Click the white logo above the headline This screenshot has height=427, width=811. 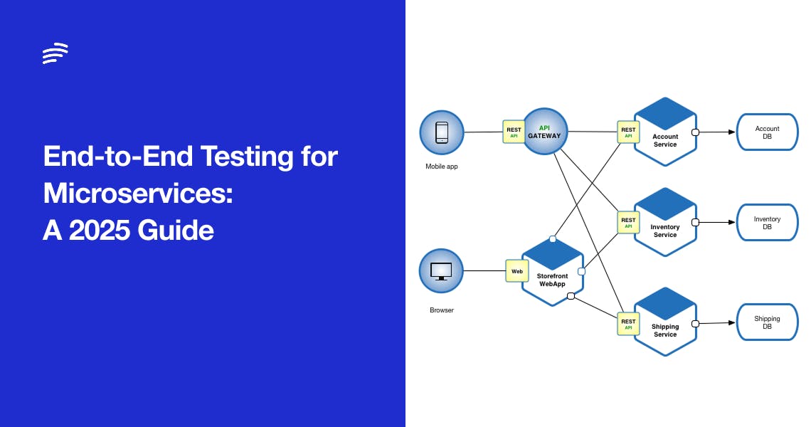(x=55, y=53)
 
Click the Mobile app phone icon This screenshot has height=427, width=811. (x=442, y=132)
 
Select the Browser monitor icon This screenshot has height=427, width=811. (x=442, y=271)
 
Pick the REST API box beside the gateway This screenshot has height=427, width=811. (x=514, y=132)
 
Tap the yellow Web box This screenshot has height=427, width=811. (x=517, y=271)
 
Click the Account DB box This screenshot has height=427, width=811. (x=767, y=132)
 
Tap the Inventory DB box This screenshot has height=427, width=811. (x=767, y=223)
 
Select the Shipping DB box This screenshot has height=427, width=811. (x=767, y=322)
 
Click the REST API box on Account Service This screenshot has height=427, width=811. (x=628, y=132)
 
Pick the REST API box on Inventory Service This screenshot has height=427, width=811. (x=628, y=223)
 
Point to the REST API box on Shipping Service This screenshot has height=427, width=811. (x=628, y=324)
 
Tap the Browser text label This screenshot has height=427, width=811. (x=441, y=310)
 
